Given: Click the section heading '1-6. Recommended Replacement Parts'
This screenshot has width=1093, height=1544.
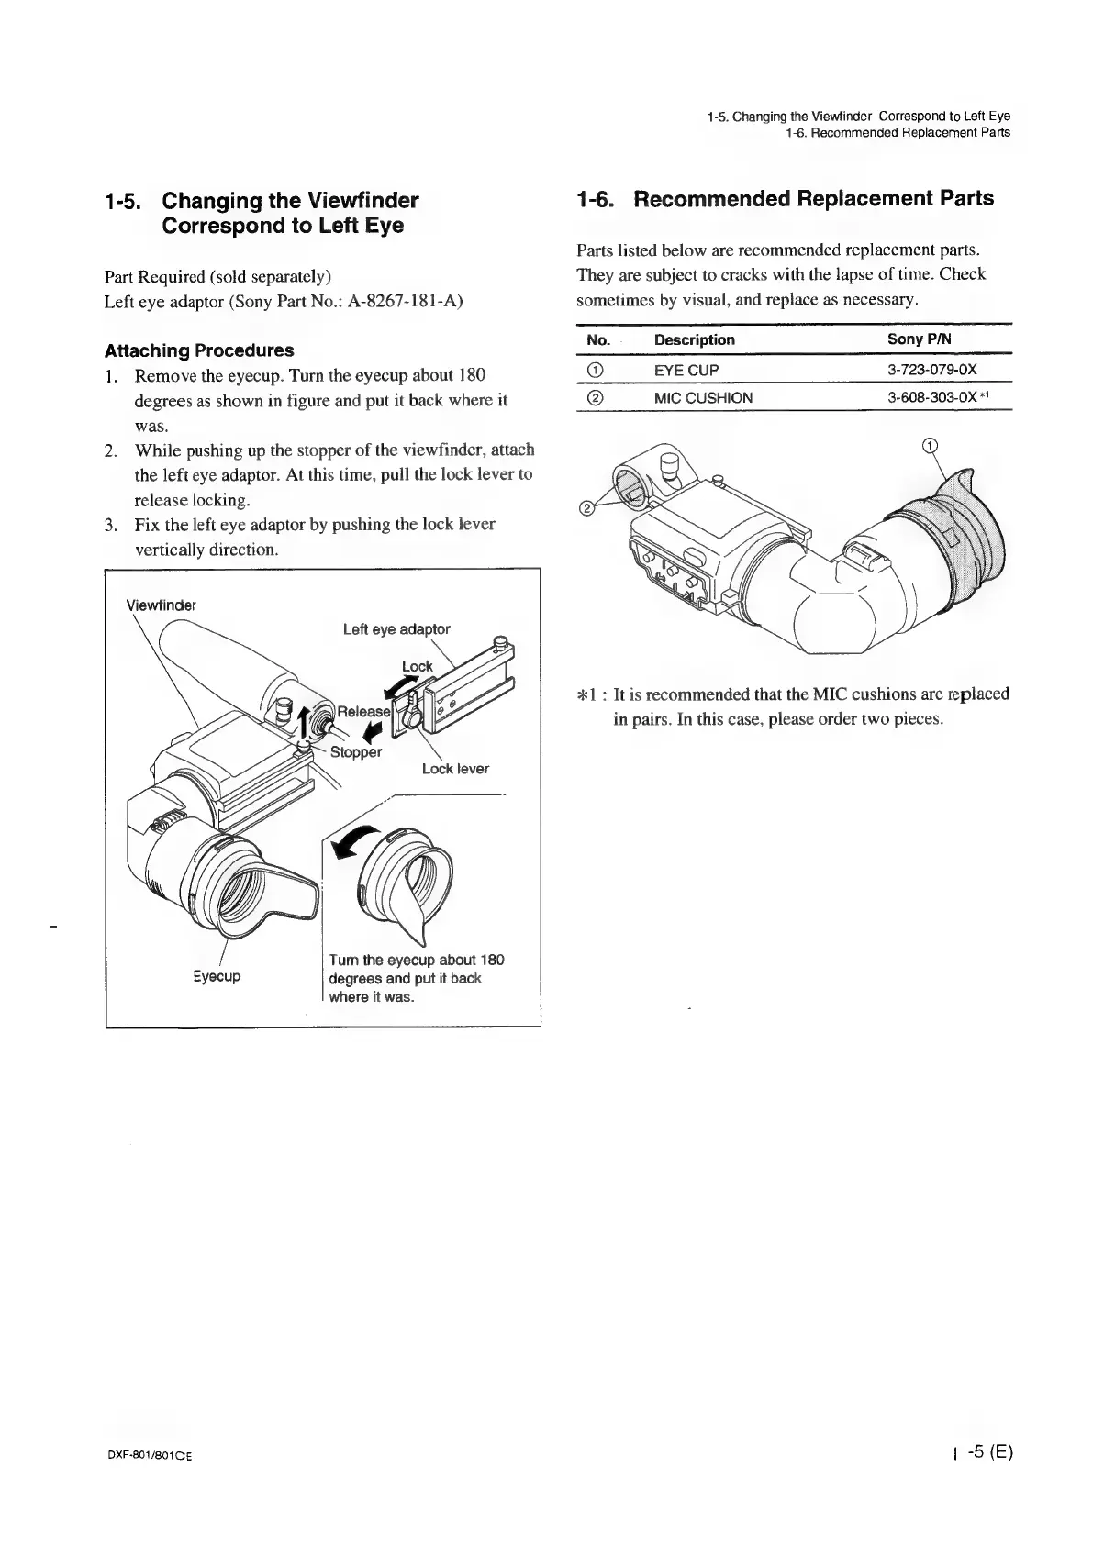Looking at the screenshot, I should (x=785, y=199).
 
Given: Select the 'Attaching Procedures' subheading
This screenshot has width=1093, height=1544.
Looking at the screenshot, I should (x=199, y=350).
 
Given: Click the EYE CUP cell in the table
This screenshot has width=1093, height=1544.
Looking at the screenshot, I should (x=686, y=370).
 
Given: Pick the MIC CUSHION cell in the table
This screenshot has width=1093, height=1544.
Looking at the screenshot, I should (x=703, y=397).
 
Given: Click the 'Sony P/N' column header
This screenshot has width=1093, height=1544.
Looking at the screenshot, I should (x=919, y=339).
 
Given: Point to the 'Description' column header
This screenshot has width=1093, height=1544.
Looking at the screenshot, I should (x=694, y=339).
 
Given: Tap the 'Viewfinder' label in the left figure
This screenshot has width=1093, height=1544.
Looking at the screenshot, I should (x=161, y=605).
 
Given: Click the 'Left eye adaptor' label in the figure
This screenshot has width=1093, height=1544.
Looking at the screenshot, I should (x=396, y=629).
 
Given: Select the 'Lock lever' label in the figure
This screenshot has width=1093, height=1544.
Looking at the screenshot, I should (x=455, y=769).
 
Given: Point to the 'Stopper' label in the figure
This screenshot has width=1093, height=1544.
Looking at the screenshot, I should (x=355, y=752).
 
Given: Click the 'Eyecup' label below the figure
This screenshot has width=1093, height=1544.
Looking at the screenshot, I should (x=217, y=977).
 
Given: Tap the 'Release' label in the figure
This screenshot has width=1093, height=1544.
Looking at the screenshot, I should (x=363, y=712).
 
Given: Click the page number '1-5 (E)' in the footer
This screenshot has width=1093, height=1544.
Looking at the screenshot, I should (x=980, y=1452).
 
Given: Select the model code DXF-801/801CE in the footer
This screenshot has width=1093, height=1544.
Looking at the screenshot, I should (x=147, y=1456).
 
